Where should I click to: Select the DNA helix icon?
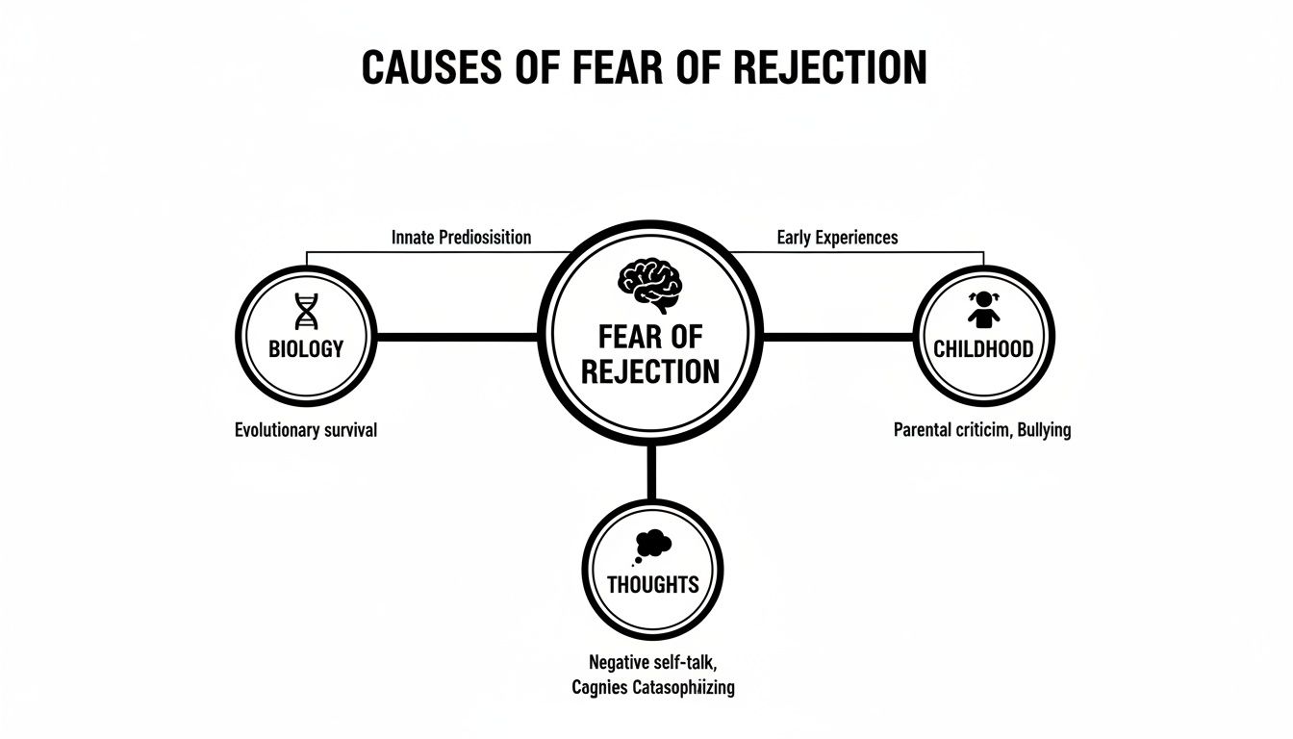click(x=305, y=312)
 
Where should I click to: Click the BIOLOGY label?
click(x=305, y=349)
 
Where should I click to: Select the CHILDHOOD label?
click(x=983, y=349)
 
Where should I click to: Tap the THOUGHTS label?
click(x=652, y=584)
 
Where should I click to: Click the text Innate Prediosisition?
click(x=461, y=237)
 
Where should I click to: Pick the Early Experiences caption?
click(x=836, y=237)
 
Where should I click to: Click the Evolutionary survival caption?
click(x=306, y=430)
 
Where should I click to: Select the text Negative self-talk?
click(x=652, y=662)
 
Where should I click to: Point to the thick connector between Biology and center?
click(x=457, y=338)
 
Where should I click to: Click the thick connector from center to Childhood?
click(x=837, y=338)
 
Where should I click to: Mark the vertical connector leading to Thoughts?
click(x=651, y=471)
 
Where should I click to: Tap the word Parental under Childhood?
click(x=926, y=430)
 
